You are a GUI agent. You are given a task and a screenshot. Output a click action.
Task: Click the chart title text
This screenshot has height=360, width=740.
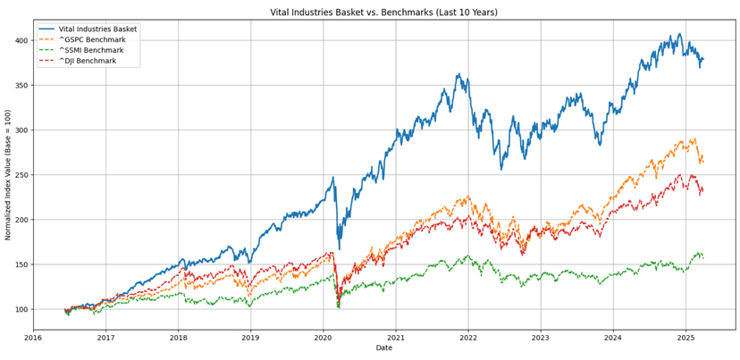click(x=383, y=13)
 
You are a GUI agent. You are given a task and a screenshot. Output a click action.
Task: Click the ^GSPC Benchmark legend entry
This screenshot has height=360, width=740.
click(x=94, y=40)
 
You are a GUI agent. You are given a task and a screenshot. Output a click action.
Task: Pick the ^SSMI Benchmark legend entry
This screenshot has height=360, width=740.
click(x=94, y=51)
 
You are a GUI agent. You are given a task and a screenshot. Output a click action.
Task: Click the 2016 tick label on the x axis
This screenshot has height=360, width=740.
click(x=33, y=338)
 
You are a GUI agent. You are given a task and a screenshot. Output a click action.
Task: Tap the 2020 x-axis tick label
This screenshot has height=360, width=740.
click(x=323, y=338)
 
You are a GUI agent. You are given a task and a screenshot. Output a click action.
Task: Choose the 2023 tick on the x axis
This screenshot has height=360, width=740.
click(x=540, y=338)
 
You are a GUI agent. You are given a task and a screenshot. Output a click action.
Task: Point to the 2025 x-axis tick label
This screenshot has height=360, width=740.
click(x=685, y=338)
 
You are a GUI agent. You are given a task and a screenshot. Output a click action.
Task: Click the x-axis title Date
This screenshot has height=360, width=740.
click(x=383, y=348)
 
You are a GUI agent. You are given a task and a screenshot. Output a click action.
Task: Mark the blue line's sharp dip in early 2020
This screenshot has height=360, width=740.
click(x=338, y=247)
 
